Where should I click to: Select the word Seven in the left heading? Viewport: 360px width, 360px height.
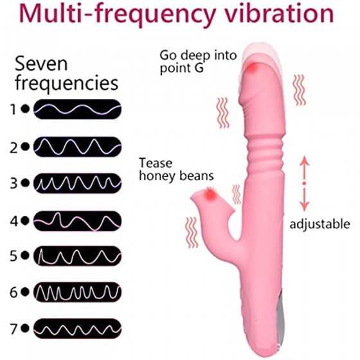tap(41, 64)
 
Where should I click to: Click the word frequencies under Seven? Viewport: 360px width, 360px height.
tap(67, 83)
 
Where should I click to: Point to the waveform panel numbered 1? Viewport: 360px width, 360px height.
tap(78, 109)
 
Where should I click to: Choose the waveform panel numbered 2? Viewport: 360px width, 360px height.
tap(78, 147)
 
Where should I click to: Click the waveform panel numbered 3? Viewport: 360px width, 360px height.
tap(78, 183)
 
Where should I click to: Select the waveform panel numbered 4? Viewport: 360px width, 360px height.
tap(78, 221)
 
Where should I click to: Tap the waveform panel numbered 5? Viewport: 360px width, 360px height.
tap(78, 256)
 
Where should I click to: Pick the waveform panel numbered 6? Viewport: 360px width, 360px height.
tap(78, 292)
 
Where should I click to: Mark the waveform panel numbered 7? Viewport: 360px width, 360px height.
tap(78, 328)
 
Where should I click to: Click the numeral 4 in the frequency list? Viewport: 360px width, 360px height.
tap(14, 221)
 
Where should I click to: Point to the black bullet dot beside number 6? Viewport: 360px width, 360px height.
tap(25, 292)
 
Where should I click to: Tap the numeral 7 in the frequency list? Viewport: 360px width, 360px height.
tap(14, 329)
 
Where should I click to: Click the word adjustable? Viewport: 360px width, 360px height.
tap(319, 224)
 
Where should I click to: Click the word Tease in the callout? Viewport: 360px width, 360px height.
tap(156, 163)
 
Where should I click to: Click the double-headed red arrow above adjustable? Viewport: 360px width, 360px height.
tap(305, 183)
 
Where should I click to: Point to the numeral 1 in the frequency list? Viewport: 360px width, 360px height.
tap(14, 109)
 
